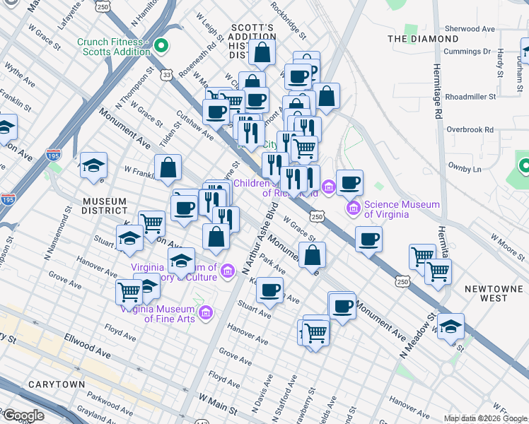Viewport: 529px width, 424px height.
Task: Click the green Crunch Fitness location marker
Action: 161,47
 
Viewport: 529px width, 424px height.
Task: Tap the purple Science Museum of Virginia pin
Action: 353,209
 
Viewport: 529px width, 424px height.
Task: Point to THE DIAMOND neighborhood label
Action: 423,39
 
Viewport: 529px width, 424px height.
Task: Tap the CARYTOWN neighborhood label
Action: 57,384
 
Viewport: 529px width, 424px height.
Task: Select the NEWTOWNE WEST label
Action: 496,293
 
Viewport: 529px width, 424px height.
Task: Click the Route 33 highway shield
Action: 165,73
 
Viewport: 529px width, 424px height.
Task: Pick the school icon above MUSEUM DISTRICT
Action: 93,167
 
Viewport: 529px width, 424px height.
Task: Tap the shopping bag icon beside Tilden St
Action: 168,168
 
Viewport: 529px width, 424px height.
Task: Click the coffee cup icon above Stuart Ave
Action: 269,290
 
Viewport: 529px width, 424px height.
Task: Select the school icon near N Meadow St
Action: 450,327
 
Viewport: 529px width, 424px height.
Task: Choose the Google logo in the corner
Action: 23,416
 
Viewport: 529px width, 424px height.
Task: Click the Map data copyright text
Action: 485,418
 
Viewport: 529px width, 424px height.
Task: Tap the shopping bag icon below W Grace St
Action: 312,254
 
